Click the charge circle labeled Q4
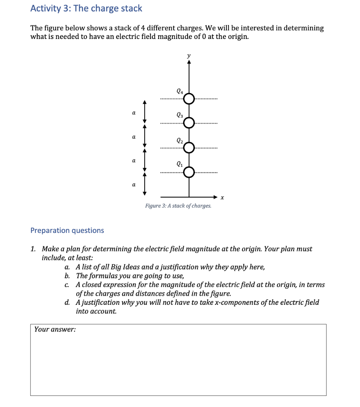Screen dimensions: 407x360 click(x=189, y=99)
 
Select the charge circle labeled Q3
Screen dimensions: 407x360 click(x=189, y=123)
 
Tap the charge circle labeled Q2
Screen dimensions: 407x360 click(x=189, y=147)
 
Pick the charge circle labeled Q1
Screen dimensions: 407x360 click(x=189, y=172)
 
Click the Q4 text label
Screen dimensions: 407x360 click(x=180, y=91)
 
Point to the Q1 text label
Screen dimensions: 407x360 click(x=180, y=164)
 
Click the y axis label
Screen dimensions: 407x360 click(x=189, y=56)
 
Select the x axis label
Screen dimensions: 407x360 click(x=222, y=197)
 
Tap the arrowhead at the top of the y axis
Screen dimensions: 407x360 click(x=189, y=62)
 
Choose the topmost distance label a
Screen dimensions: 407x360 click(x=134, y=113)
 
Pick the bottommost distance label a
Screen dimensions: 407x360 click(x=134, y=185)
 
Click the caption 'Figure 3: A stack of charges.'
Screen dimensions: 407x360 click(x=178, y=206)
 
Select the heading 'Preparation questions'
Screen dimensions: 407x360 click(x=67, y=231)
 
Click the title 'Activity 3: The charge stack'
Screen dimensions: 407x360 click(x=86, y=8)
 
